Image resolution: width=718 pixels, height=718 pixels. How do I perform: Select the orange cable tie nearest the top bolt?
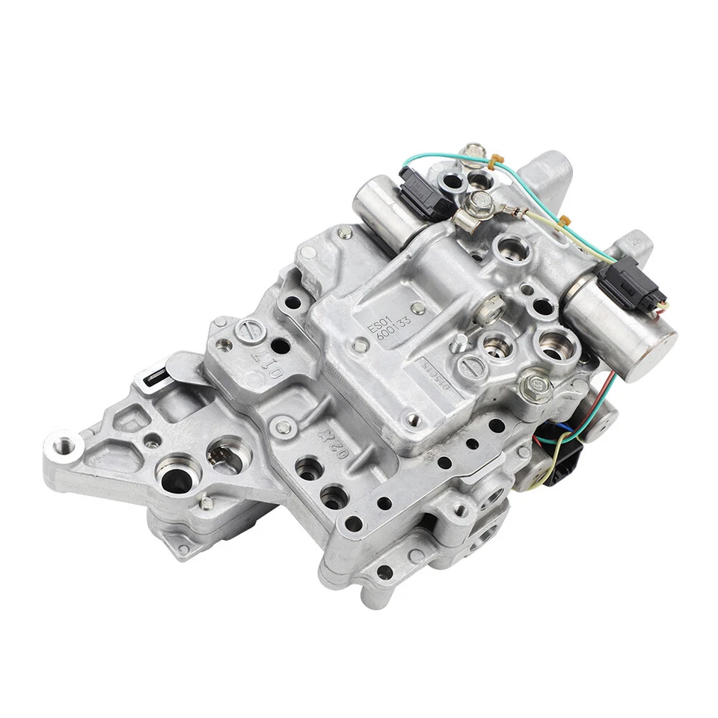tap(494, 161)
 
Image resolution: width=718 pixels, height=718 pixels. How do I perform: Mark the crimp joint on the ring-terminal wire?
tap(515, 211)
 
